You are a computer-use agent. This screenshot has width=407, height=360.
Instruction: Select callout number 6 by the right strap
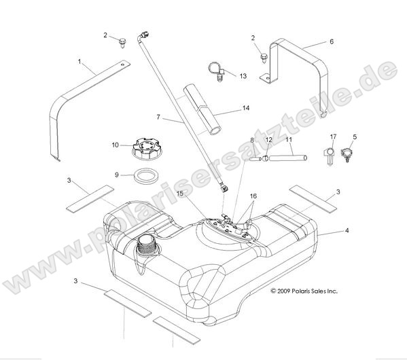(x=332, y=41)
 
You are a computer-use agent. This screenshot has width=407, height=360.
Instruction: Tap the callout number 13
(x=243, y=75)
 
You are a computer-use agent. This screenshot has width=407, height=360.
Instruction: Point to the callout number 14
(x=246, y=108)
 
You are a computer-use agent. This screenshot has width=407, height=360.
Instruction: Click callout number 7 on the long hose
(x=158, y=118)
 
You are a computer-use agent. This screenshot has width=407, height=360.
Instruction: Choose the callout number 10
(x=116, y=144)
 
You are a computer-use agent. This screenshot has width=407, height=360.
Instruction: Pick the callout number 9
(x=116, y=175)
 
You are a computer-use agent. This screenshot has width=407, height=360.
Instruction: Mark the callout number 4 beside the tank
(x=347, y=232)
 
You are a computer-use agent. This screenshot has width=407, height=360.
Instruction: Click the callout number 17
(x=333, y=137)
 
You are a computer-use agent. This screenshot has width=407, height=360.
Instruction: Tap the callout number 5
(x=354, y=137)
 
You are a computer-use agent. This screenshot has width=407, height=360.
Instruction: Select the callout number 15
(x=181, y=194)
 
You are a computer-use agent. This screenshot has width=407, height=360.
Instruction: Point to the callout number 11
(x=288, y=140)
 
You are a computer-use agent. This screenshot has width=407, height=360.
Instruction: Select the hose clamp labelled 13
(x=217, y=70)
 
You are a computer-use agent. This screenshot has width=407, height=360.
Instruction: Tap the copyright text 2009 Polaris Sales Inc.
(x=304, y=291)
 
